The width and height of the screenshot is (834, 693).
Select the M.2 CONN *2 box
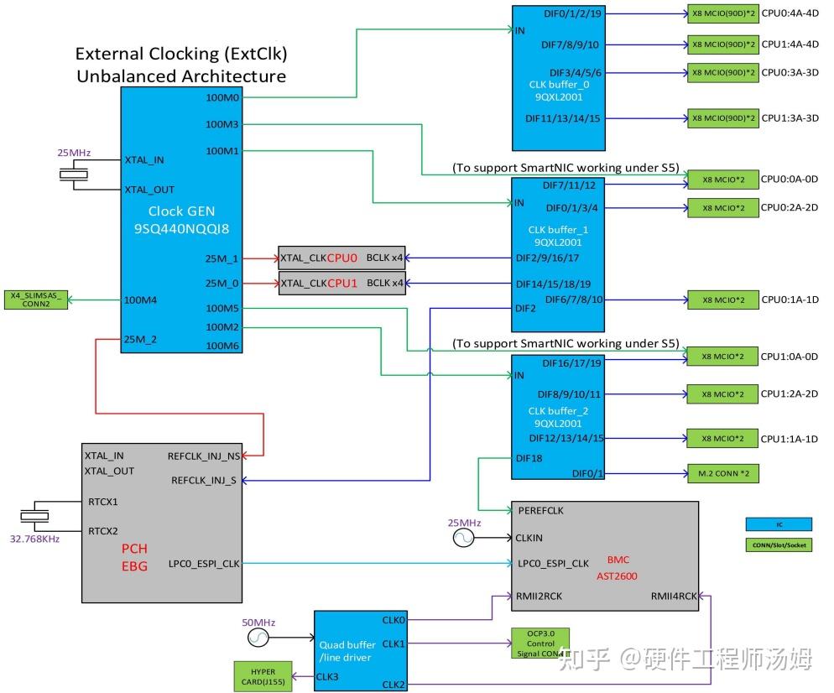click(722, 474)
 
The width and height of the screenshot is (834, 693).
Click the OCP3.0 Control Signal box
click(539, 642)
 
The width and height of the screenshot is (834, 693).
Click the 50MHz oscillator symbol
click(259, 639)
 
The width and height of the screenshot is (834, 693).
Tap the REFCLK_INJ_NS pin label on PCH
click(204, 456)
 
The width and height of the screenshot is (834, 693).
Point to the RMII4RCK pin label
click(673, 597)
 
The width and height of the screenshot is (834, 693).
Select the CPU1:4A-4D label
click(790, 44)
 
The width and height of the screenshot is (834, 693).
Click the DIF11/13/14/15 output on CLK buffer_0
click(563, 118)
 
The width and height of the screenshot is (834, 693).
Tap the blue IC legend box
click(778, 524)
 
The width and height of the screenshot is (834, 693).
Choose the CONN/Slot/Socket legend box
click(778, 544)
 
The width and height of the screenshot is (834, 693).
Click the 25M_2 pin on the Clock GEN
click(140, 339)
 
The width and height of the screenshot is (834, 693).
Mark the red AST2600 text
click(619, 576)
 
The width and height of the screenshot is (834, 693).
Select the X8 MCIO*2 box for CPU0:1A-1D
click(722, 300)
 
